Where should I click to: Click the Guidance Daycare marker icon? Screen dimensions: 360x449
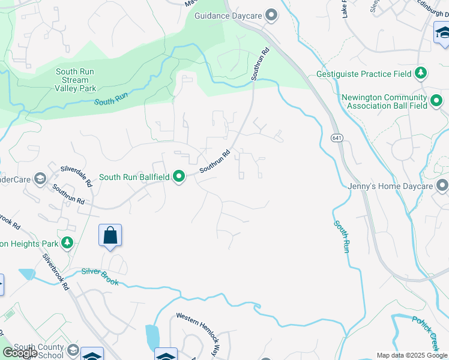[271, 15]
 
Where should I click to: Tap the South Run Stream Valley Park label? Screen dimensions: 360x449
[76, 80]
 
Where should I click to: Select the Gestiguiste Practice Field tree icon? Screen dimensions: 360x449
[421, 74]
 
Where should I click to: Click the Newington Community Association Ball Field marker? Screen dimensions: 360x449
[436, 99]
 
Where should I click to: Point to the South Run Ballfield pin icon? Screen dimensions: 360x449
[179, 176]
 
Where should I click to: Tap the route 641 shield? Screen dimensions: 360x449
[335, 138]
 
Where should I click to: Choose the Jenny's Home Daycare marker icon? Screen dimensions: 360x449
[442, 186]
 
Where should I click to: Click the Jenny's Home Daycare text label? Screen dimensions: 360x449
[390, 186]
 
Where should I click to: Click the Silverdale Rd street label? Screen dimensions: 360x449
[76, 176]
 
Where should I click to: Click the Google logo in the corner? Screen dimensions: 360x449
[20, 353]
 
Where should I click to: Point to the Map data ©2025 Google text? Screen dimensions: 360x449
[411, 355]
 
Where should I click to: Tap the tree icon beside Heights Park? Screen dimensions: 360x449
[68, 243]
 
